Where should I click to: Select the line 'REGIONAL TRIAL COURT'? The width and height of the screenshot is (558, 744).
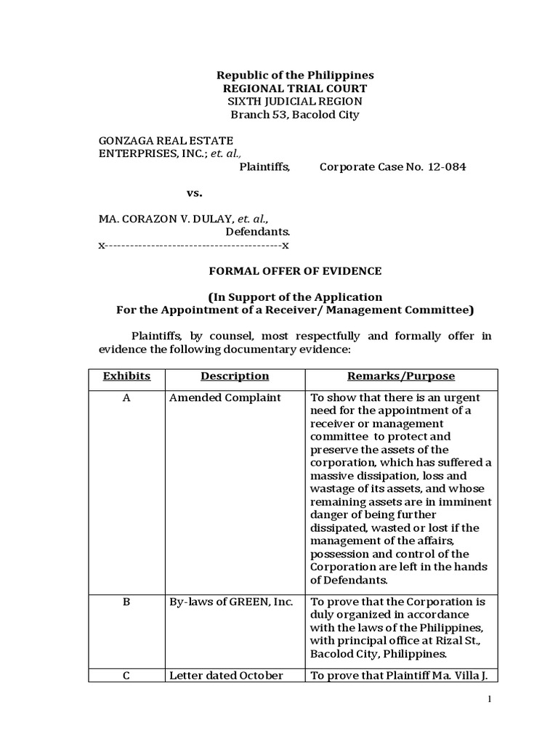(x=295, y=89)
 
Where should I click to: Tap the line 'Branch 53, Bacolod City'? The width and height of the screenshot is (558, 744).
(x=295, y=115)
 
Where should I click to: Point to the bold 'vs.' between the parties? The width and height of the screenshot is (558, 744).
(x=194, y=193)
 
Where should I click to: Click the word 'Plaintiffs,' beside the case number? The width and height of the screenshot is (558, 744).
(x=264, y=167)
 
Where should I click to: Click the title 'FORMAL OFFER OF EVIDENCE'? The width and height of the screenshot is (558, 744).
(x=295, y=271)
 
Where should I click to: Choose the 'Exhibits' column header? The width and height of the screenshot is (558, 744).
(x=126, y=376)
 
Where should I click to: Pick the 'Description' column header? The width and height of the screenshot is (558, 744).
(x=235, y=376)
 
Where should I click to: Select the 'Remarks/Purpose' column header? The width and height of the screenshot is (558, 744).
(x=401, y=376)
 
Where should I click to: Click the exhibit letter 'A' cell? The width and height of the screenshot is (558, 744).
(x=126, y=398)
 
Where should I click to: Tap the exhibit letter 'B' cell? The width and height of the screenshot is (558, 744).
(x=126, y=602)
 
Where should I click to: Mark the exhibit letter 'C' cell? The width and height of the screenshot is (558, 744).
(x=126, y=676)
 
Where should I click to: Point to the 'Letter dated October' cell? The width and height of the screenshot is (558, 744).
(x=226, y=676)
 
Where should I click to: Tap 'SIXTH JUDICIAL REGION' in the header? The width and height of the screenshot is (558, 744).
(x=295, y=102)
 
